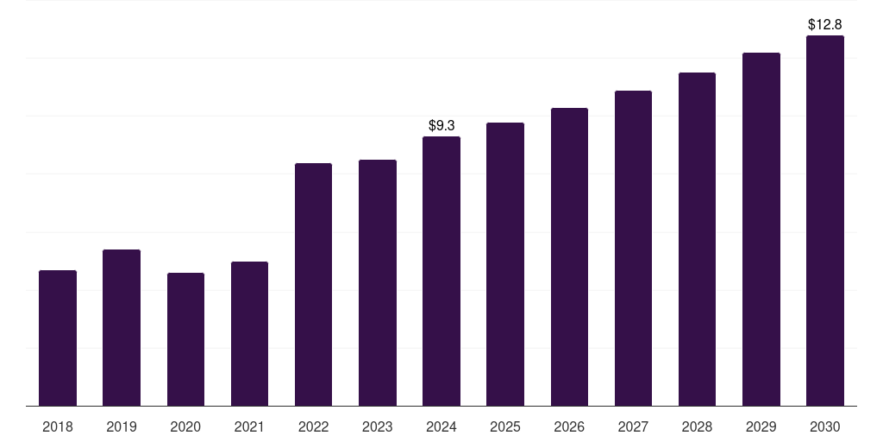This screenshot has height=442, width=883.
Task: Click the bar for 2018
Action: [x=58, y=338]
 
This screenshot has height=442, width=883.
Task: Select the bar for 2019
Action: [x=122, y=327]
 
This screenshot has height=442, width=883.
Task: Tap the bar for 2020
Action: [x=186, y=339]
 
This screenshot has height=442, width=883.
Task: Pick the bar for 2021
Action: [x=249, y=334]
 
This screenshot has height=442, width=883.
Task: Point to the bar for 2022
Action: [x=313, y=285]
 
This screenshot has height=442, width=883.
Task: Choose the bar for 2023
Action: [x=378, y=283]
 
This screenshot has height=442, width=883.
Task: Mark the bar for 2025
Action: [x=505, y=264]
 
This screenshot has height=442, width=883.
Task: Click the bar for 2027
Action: [x=633, y=248]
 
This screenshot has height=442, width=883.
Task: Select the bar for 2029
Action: [x=761, y=230]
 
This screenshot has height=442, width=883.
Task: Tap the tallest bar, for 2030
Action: [x=825, y=220]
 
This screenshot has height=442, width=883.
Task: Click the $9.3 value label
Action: [x=441, y=126]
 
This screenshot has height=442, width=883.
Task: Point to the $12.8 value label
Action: [x=825, y=25]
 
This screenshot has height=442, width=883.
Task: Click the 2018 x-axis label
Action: [x=58, y=426]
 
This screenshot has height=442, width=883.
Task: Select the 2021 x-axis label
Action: [x=249, y=426]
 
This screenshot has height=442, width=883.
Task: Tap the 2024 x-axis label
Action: [x=441, y=426]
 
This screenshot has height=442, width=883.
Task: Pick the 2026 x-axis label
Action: [x=569, y=426]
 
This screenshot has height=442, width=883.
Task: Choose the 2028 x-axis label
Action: [x=697, y=426]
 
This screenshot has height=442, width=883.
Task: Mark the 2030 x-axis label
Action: [x=825, y=426]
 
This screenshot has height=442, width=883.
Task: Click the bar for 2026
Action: [x=569, y=257]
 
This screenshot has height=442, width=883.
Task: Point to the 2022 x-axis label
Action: [x=313, y=426]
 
